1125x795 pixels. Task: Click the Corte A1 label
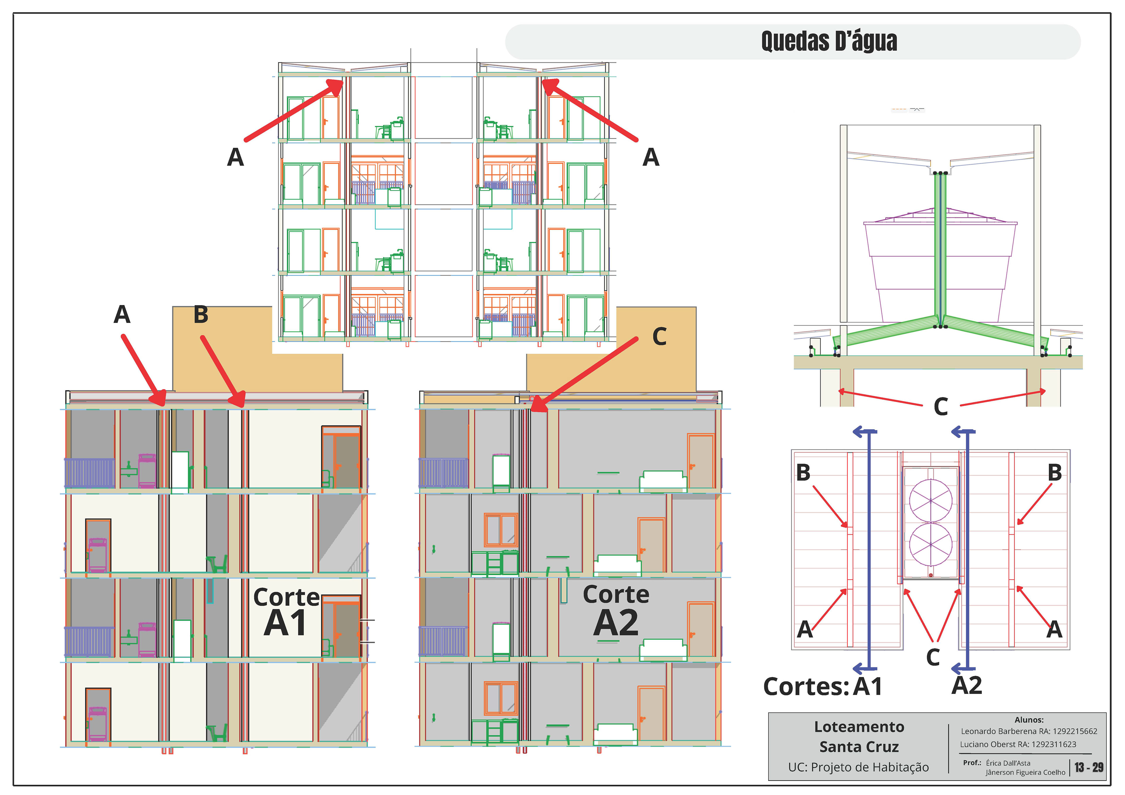pos(286,612)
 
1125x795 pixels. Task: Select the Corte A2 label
pos(616,611)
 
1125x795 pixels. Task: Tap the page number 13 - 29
pos(1089,767)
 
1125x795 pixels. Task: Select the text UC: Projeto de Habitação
pos(858,767)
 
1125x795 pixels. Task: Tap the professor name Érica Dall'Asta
pos(1008,763)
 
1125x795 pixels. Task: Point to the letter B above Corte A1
pos(201,315)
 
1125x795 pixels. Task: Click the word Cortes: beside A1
pos(806,686)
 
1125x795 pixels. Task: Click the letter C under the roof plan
pos(933,657)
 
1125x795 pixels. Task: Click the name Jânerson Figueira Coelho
pos(1025,772)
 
